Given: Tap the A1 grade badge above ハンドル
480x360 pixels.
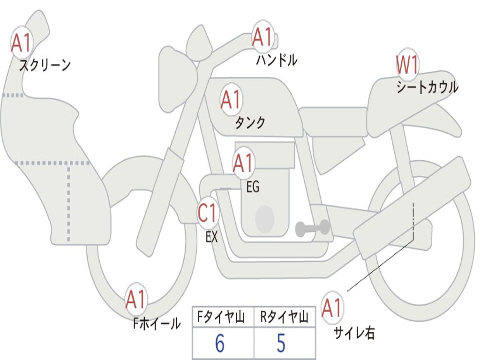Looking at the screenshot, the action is tap(262, 37).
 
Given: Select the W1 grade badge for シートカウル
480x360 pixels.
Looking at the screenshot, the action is tap(407, 65).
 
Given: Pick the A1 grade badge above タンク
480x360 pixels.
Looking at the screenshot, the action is tap(231, 100).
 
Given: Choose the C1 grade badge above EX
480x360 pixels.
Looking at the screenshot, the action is tap(208, 214).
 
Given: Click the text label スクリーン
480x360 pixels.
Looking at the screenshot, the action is tap(45, 65).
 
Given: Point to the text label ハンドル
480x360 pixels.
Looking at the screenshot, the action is tap(277, 60).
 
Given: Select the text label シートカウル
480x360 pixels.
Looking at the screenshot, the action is tap(427, 88).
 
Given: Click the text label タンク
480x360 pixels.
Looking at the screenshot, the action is tap(250, 123).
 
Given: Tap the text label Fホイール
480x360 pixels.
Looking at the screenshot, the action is tap(157, 323).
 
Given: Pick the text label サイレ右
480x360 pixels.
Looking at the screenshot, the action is tap(354, 332).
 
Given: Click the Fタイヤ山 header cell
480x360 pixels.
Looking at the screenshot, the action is tap(223, 318).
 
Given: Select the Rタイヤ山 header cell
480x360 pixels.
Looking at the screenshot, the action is tap(284, 318).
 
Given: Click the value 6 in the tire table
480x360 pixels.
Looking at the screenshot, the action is tap(219, 343).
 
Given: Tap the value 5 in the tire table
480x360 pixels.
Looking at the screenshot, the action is tap(281, 343).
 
